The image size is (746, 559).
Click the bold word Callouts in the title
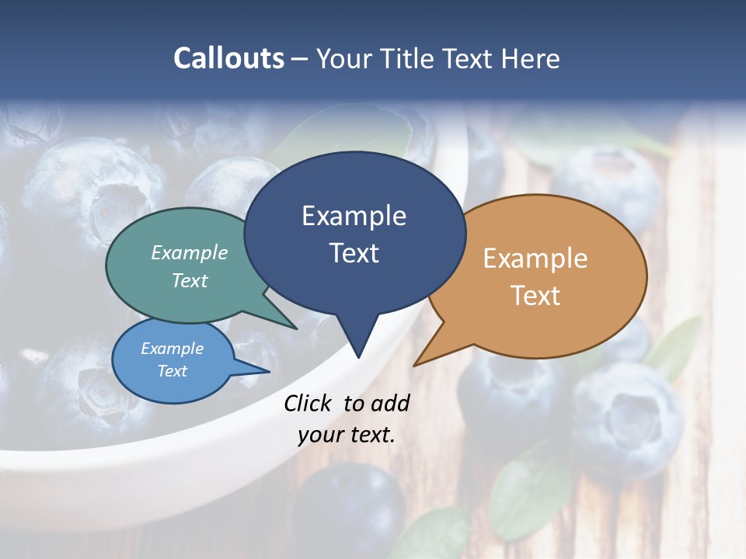point(228,58)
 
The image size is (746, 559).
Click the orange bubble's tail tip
point(415,365)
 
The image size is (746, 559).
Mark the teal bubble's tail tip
point(295,328)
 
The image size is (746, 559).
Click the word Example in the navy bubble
point(354,216)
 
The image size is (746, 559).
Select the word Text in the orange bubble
point(535,295)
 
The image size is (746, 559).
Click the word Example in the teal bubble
point(190,252)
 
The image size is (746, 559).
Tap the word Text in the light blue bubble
point(173,371)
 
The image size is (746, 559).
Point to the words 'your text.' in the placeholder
point(347,436)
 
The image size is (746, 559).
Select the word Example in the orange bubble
point(535,259)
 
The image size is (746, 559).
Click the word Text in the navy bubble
point(354,253)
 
